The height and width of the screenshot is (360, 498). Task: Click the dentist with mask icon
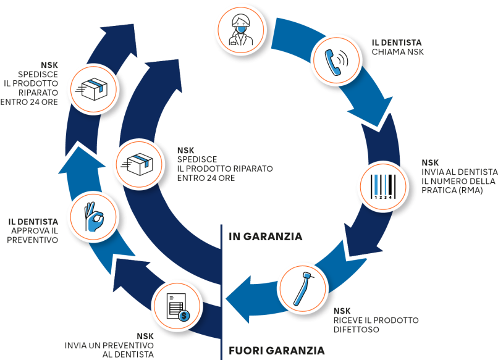tap(240, 28)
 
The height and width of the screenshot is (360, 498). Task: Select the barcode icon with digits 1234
tap(382, 187)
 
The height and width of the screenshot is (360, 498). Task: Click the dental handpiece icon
tap(303, 289)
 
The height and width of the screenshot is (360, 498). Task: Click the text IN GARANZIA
tap(265, 236)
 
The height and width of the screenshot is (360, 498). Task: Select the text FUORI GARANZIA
tap(276, 350)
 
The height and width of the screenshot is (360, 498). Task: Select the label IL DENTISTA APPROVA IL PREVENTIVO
tap(34, 230)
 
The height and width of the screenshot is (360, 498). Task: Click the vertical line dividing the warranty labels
tap(221, 290)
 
